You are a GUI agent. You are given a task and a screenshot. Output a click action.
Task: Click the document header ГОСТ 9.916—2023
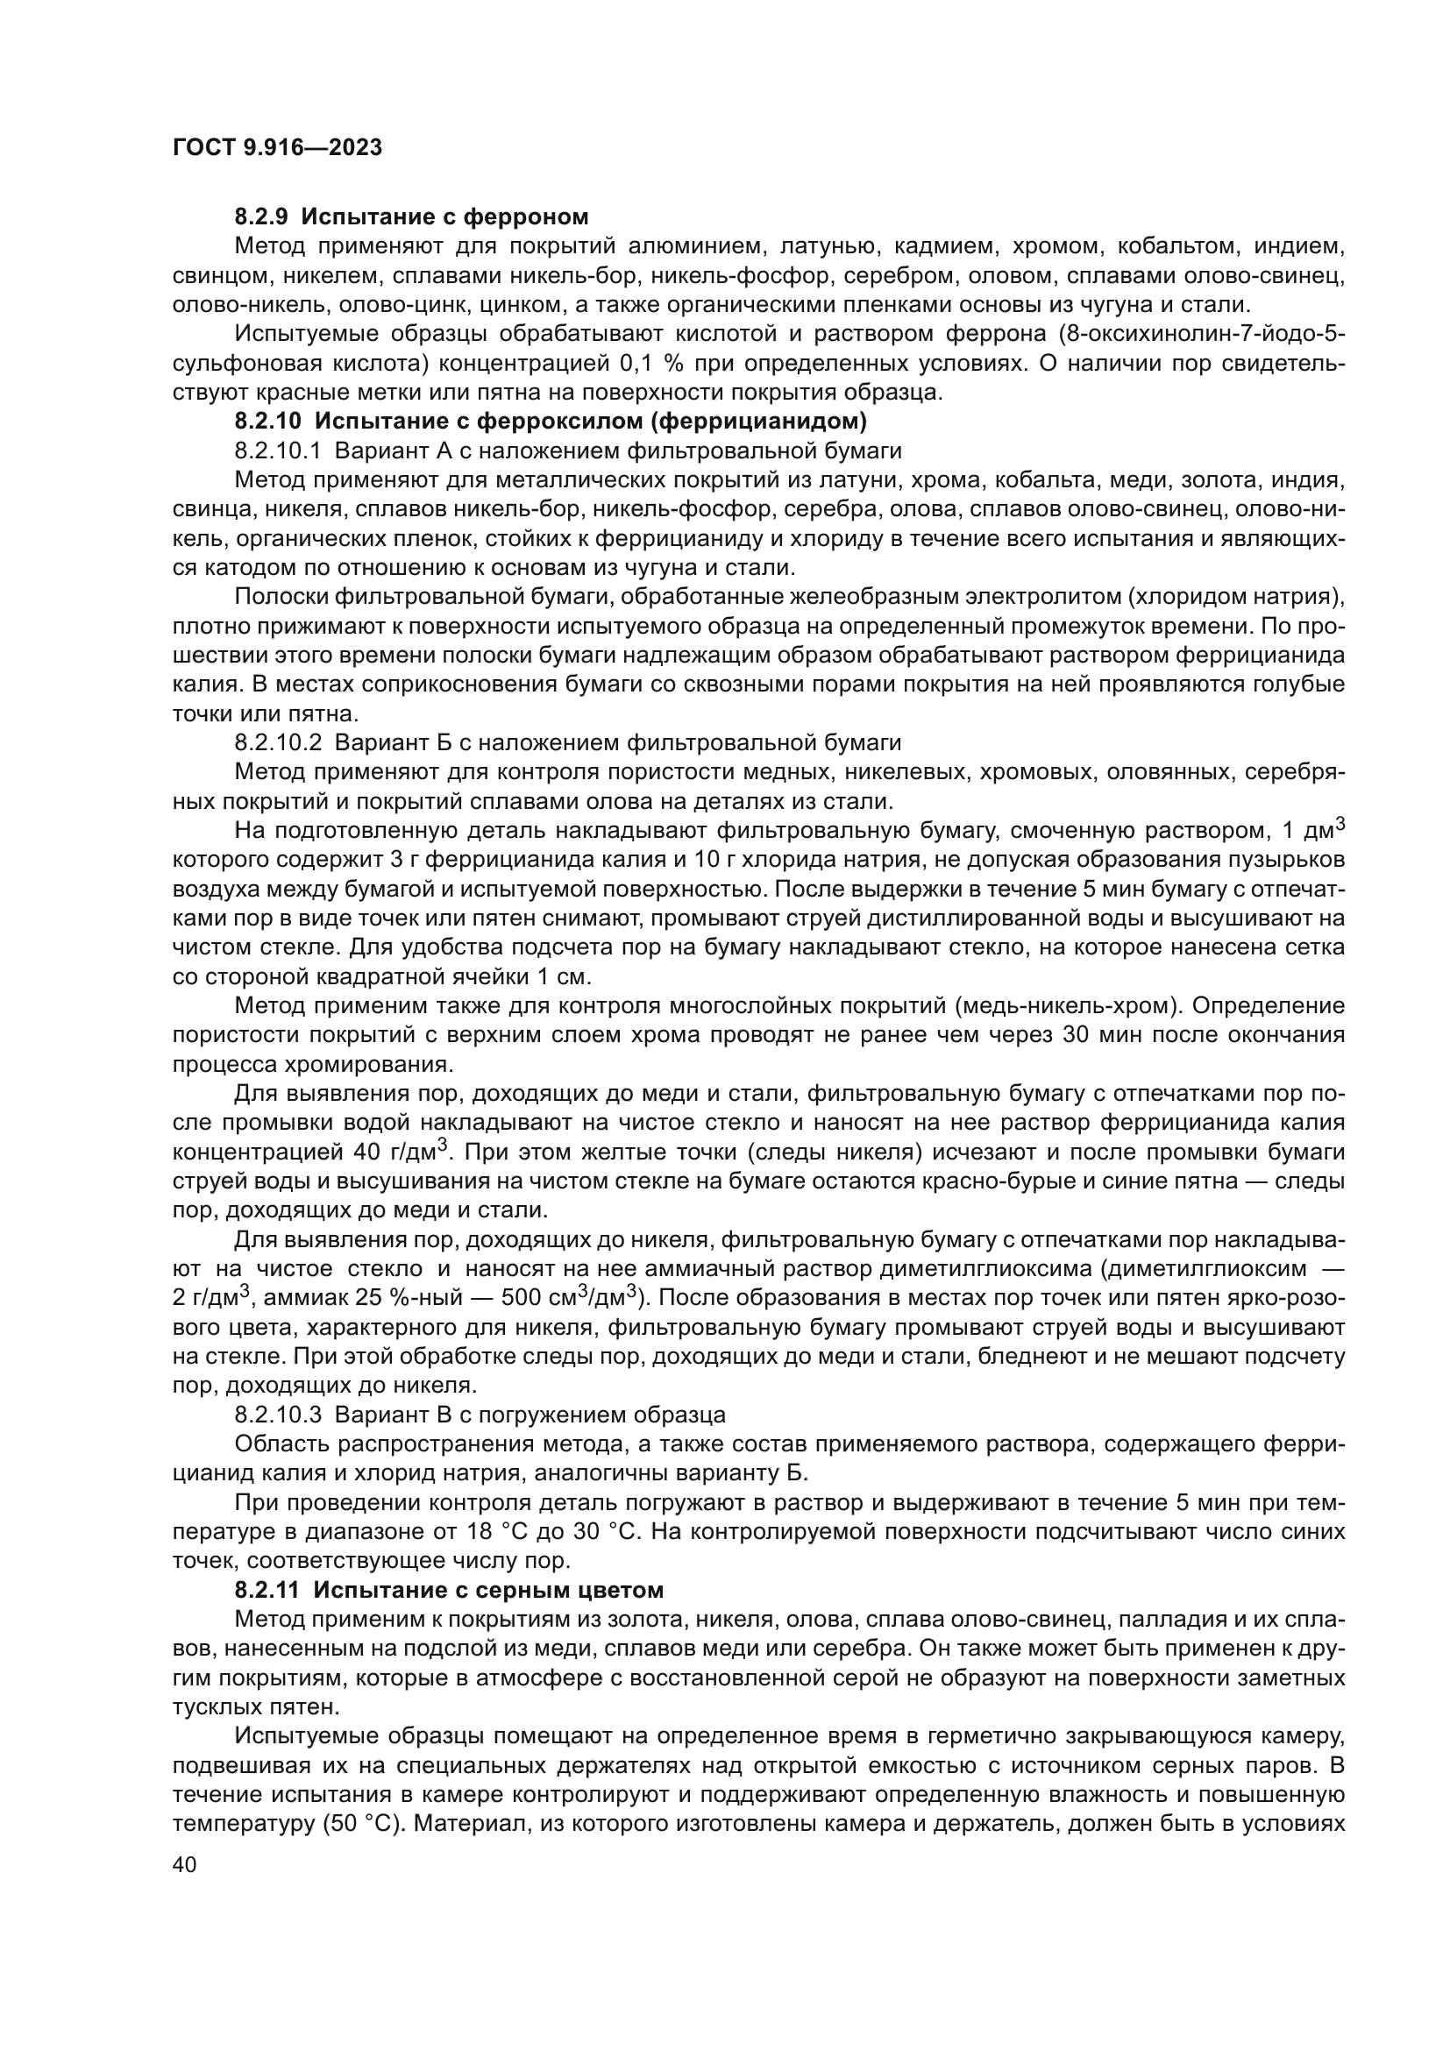277,147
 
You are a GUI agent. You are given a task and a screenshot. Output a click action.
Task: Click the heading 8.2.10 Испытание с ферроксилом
551,420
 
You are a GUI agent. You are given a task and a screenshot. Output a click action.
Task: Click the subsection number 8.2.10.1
277,450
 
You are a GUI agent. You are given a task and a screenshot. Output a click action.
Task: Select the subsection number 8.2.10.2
278,742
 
